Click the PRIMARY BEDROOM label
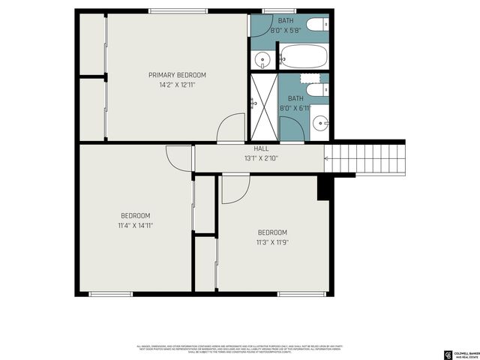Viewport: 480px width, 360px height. pyautogui.click(x=177, y=75)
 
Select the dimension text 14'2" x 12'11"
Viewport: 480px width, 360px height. pyautogui.click(x=177, y=85)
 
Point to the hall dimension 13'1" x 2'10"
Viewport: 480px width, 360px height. pyautogui.click(x=260, y=158)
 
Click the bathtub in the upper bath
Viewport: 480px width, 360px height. pyautogui.click(x=303, y=56)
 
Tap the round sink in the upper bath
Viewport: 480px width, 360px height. pyautogui.click(x=262, y=58)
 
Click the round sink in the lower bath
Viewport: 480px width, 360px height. pyautogui.click(x=320, y=122)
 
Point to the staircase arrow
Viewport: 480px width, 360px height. pyautogui.click(x=328, y=157)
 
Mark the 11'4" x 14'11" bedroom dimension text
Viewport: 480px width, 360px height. pyautogui.click(x=135, y=225)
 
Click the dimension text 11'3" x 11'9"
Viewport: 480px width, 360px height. pyautogui.click(x=271, y=242)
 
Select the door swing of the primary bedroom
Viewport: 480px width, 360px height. pyautogui.click(x=232, y=128)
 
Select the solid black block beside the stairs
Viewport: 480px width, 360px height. pyautogui.click(x=325, y=188)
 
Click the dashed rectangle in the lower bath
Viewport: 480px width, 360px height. pyautogui.click(x=310, y=77)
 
